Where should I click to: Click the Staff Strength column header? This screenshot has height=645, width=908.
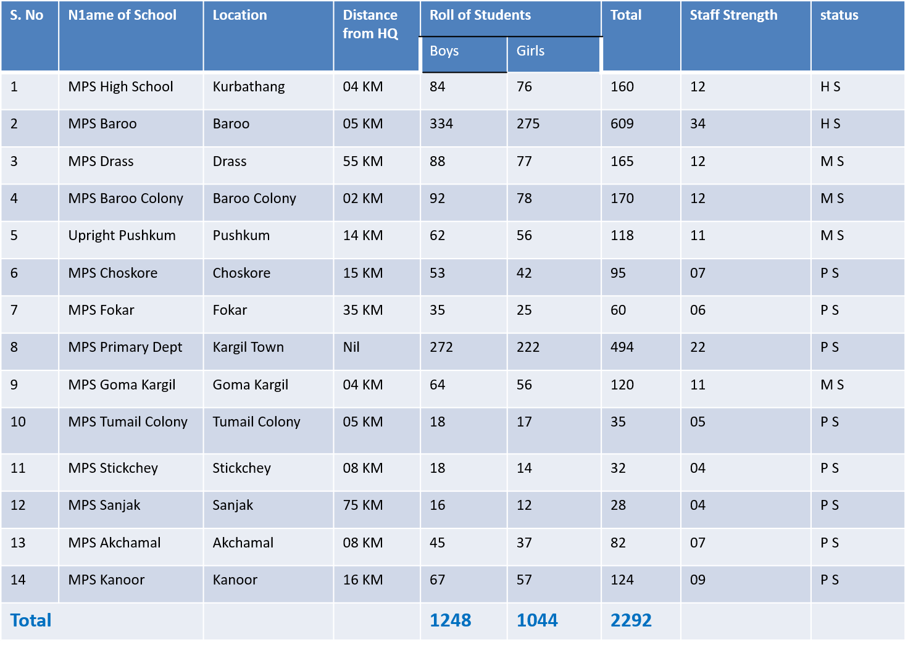[x=733, y=15]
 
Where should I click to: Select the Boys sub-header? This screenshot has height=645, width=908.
[x=444, y=51]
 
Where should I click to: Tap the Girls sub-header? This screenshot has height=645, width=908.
[x=530, y=51]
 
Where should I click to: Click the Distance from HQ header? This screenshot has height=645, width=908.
[x=370, y=25]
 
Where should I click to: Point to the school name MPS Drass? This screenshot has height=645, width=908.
[x=101, y=162]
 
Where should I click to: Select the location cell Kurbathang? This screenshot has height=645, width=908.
[x=249, y=87]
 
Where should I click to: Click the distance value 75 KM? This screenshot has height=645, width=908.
[x=363, y=506]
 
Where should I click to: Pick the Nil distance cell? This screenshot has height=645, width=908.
[x=351, y=347]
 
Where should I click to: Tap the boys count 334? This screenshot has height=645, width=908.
[x=441, y=124]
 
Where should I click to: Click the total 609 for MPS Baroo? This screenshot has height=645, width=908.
[x=622, y=124]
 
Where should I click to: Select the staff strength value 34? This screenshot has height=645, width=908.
[x=698, y=124]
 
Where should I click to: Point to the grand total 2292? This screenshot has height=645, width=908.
[x=631, y=620]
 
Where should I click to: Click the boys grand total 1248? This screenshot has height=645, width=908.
[x=451, y=620]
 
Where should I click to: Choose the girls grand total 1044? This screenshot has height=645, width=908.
[x=537, y=620]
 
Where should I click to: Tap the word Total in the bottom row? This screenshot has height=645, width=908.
[x=31, y=620]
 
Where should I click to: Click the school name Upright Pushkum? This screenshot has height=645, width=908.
[x=122, y=236]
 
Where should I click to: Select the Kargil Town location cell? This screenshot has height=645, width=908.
[x=248, y=347]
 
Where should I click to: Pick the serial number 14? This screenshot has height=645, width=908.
[x=18, y=580]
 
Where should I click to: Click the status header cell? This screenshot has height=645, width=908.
[x=839, y=15]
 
